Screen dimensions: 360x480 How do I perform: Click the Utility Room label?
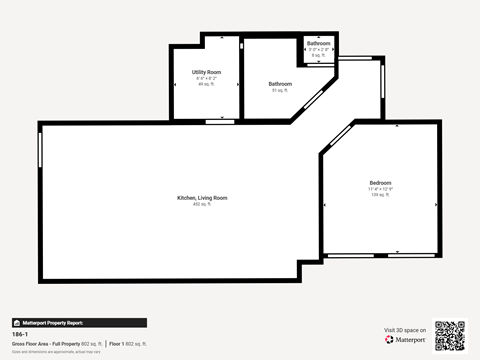pyautogui.click(x=207, y=72)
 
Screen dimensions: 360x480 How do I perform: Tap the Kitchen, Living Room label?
pyautogui.click(x=202, y=198)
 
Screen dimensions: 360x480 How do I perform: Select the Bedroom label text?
pyautogui.click(x=380, y=183)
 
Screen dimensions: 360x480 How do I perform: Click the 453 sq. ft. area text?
pyautogui.click(x=202, y=204)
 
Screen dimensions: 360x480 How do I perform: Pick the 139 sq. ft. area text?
pyautogui.click(x=380, y=194)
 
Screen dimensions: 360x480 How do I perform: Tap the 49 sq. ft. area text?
pyautogui.click(x=207, y=84)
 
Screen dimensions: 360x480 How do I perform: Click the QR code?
pyautogui.click(x=450, y=336)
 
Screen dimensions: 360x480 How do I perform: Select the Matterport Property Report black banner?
pyautogui.click(x=79, y=323)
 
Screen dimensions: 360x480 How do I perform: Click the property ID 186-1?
pyautogui.click(x=19, y=335)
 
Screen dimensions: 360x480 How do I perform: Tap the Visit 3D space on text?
pyautogui.click(x=405, y=330)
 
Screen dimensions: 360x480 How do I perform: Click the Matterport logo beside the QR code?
pyautogui.click(x=406, y=340)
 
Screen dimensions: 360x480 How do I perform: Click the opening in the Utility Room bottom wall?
pyautogui.click(x=214, y=121)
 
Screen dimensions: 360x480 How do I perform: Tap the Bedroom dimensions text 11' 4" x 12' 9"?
pyautogui.click(x=380, y=189)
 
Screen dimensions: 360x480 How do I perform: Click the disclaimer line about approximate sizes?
pyautogui.click(x=56, y=351)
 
